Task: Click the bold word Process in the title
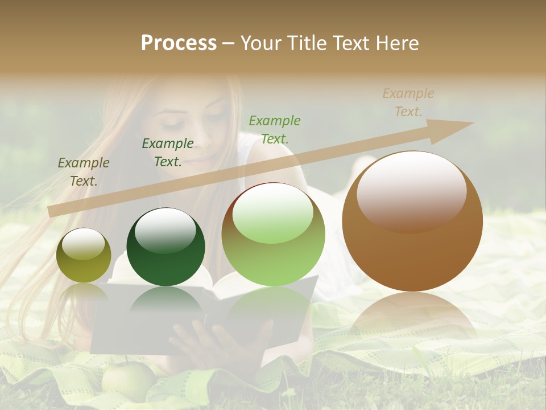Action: click(x=179, y=43)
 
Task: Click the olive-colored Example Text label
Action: click(x=83, y=171)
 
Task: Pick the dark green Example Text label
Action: click(x=167, y=152)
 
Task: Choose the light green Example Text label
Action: click(x=275, y=129)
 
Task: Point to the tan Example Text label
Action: click(x=408, y=102)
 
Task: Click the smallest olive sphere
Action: click(x=84, y=256)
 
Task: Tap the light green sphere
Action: click(x=274, y=234)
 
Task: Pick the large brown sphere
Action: click(x=412, y=222)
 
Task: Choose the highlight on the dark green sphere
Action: click(x=166, y=231)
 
